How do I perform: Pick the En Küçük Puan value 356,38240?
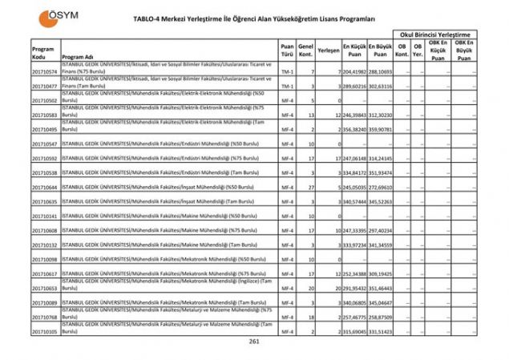pyautogui.click(x=353, y=129)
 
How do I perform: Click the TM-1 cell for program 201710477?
pyautogui.click(x=287, y=86)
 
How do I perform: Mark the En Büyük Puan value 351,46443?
pyautogui.click(x=382, y=288)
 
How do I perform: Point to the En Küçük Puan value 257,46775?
pyautogui.click(x=353, y=317)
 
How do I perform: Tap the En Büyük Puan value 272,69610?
pyautogui.click(x=382, y=187)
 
